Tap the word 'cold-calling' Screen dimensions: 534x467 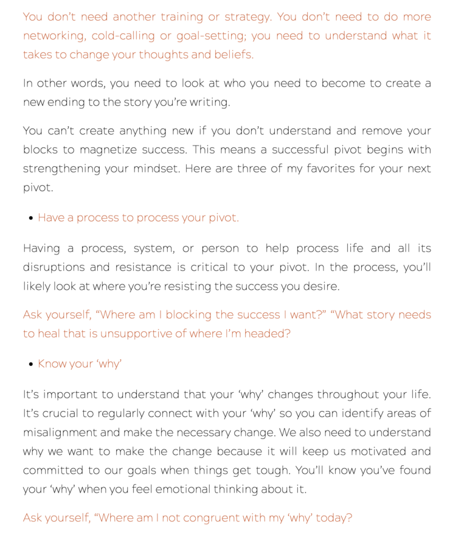tap(122, 36)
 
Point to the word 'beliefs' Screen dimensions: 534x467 tap(233, 55)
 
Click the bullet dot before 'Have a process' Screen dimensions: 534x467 tap(31, 218)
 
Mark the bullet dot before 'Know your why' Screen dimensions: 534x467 tap(31, 364)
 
